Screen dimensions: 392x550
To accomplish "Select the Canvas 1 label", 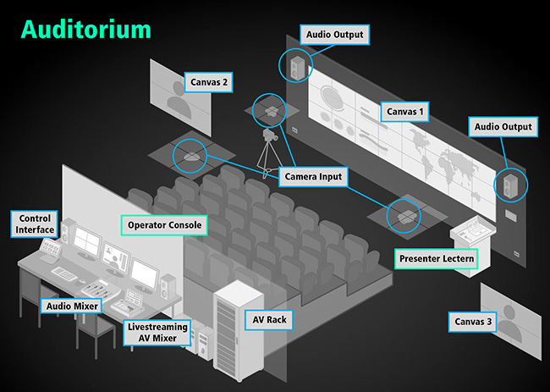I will (403, 111).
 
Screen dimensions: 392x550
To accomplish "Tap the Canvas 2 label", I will (207, 82).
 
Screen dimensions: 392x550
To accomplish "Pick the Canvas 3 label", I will (471, 322).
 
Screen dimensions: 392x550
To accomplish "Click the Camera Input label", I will (313, 176).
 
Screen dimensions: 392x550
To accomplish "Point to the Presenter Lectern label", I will (435, 258).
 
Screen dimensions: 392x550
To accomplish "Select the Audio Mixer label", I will (71, 305).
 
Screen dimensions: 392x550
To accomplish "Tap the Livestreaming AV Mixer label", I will (157, 332).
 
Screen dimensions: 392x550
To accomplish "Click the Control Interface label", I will (36, 224).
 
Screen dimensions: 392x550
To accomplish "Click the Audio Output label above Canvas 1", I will (336, 35).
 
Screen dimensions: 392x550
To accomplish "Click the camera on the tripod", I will (270, 135).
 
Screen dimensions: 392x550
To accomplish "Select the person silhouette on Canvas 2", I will (179, 100).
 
